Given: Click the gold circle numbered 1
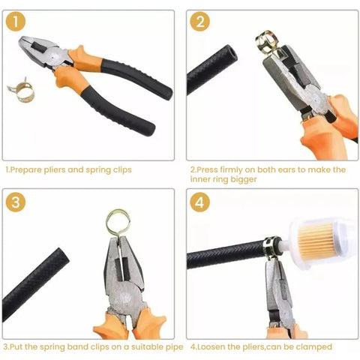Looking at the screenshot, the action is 16,22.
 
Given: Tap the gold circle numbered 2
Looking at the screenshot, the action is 199,21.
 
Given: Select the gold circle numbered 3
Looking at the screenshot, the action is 16,202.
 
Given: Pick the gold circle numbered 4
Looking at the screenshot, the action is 199,202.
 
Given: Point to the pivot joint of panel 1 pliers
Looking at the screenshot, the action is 54,57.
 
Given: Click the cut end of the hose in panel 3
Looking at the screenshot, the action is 62,256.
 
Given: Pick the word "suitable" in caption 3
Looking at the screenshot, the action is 145,347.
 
